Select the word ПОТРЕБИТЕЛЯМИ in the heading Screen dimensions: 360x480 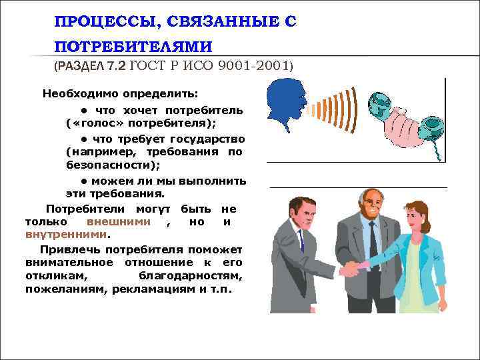click(x=133, y=47)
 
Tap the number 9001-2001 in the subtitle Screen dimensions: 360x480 click(x=253, y=66)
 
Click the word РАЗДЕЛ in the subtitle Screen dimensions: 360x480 click(x=79, y=67)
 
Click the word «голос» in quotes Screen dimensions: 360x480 click(x=101, y=124)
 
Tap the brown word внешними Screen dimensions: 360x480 click(x=118, y=223)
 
